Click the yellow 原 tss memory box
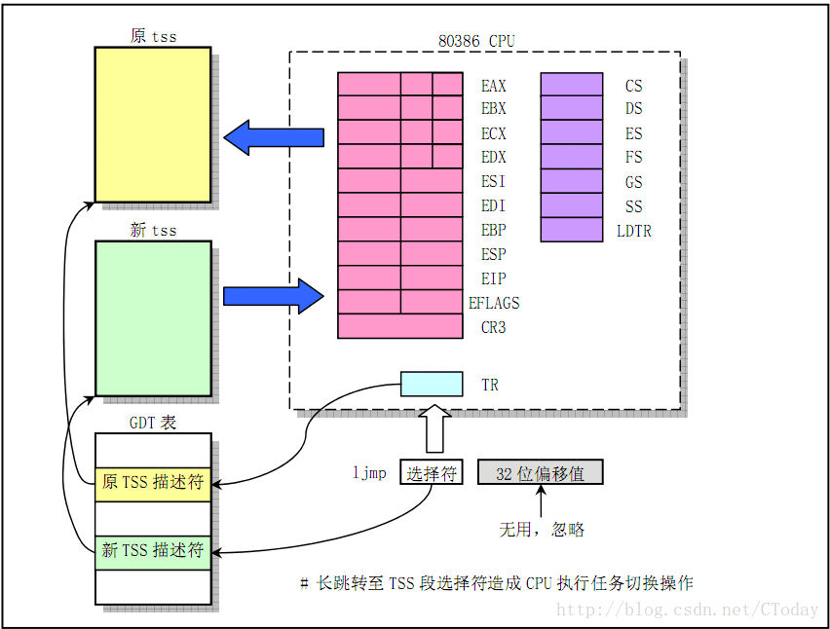(152, 124)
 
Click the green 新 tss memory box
(153, 318)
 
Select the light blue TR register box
(432, 384)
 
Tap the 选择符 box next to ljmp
(432, 473)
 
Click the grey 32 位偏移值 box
(540, 473)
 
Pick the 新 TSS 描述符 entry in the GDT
(153, 551)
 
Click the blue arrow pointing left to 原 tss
(274, 138)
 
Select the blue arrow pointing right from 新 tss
(273, 295)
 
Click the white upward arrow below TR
(432, 428)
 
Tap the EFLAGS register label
(494, 303)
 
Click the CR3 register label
(494, 327)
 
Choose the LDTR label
(634, 231)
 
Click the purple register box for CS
(572, 85)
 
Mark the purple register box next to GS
(572, 181)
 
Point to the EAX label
(494, 86)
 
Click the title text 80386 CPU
(477, 41)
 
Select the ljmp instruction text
(369, 473)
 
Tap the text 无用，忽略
(542, 530)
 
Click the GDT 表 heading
(153, 423)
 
